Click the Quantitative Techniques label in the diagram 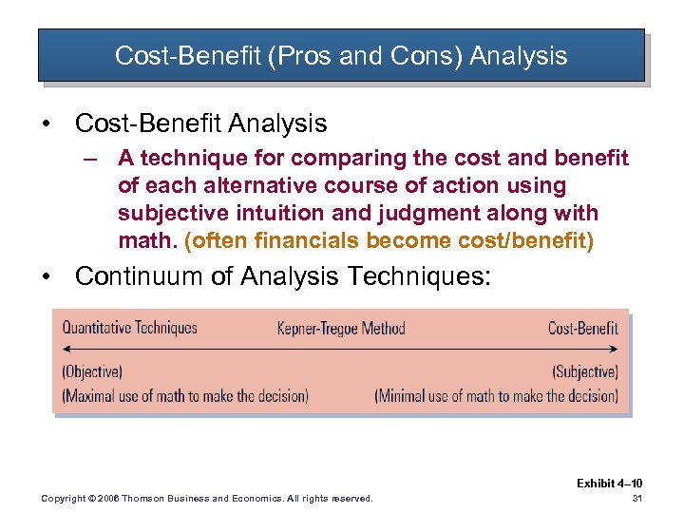[129, 328]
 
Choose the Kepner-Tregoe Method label [341, 329]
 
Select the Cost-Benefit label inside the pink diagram [582, 328]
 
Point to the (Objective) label [92, 371]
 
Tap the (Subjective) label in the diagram [585, 371]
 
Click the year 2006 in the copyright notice [106, 499]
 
